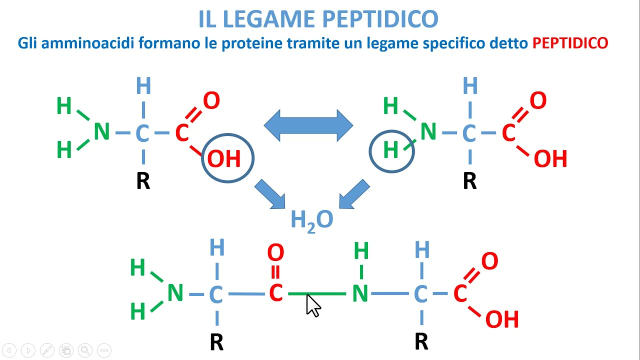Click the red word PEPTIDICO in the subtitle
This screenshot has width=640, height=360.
coord(570,43)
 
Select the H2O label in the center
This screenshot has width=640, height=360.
coord(312,220)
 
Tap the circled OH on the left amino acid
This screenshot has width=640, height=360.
coord(224,159)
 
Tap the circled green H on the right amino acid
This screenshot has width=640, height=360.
coord(391,150)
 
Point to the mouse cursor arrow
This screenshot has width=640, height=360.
coord(312,305)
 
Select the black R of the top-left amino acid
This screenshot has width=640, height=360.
coord(143,181)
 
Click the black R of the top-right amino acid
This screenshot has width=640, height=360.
coord(469,181)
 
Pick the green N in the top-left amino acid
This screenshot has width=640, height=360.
coord(101,132)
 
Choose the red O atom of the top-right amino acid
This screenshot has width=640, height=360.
coord(537,101)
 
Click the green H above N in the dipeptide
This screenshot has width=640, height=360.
coord(361,251)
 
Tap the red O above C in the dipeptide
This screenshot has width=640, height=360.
coord(275,253)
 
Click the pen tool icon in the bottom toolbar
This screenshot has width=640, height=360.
coord(47,350)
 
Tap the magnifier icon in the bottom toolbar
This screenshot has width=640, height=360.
coord(84,350)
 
